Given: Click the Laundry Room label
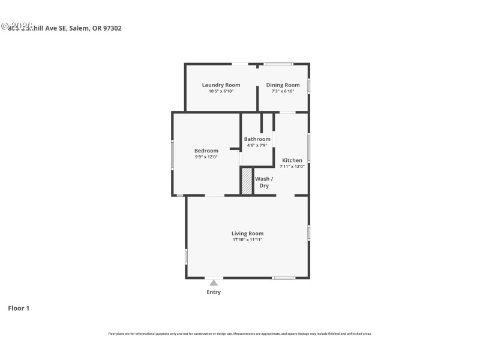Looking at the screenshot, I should [221, 85].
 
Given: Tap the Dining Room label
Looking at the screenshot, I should [283, 85].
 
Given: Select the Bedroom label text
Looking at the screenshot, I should [206, 151].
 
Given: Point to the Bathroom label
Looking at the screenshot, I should [257, 139].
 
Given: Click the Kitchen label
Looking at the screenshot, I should [292, 160].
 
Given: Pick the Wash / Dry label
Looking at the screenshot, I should [264, 182].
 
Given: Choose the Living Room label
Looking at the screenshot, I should [247, 233].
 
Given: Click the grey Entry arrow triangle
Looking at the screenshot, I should [214, 282].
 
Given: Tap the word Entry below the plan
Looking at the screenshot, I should [214, 292].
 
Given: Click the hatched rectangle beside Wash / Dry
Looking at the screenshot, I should [247, 181].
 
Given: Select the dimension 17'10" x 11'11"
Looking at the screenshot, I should [247, 240].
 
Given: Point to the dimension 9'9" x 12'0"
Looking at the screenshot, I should [206, 157].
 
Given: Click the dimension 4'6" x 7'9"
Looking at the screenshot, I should [257, 146].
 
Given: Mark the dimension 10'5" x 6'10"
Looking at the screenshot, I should [221, 91].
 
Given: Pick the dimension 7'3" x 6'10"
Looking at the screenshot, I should [283, 91].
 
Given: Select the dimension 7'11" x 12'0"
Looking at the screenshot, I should [292, 166].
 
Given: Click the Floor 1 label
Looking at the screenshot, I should [19, 308].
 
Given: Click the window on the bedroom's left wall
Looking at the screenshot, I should [173, 155].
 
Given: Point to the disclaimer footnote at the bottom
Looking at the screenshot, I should [240, 334].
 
